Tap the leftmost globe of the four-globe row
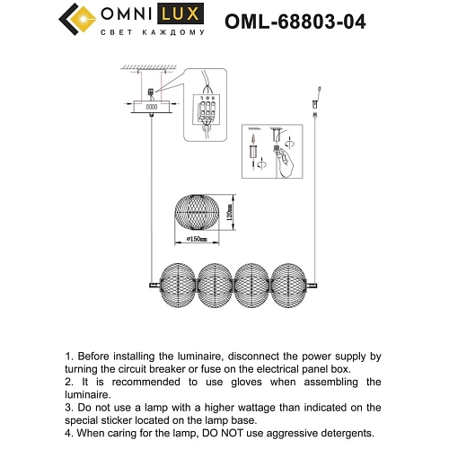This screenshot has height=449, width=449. tap(176, 286)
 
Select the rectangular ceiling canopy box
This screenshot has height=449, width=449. tap(151, 107)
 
